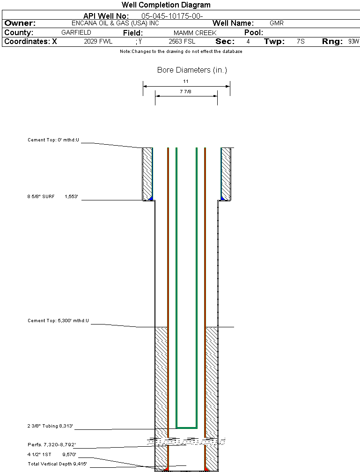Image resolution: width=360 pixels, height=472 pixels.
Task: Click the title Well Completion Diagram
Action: tap(166, 5)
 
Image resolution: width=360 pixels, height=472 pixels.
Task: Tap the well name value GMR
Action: tap(277, 23)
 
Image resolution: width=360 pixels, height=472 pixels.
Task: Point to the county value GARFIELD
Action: tap(76, 33)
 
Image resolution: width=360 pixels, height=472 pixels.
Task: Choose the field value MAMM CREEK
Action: tap(195, 33)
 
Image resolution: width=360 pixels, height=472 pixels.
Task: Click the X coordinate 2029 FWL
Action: tap(98, 42)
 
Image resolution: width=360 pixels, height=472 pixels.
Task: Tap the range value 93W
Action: tap(353, 42)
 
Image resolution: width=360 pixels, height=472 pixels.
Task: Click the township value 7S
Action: tap(301, 42)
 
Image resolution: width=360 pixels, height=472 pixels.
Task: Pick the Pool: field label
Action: tap(254, 33)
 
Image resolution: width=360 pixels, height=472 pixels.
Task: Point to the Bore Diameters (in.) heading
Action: tap(192, 70)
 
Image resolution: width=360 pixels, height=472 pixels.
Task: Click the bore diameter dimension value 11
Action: tap(186, 81)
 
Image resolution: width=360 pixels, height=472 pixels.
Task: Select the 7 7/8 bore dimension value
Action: tap(186, 91)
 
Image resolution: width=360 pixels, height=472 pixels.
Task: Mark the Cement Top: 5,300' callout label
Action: tap(58, 321)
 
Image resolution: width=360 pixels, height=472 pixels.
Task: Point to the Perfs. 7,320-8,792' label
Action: tap(51, 444)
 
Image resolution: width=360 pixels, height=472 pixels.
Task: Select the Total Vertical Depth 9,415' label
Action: tap(57, 464)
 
